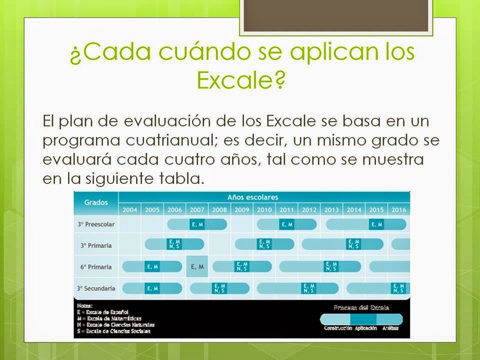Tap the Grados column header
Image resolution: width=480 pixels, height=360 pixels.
(96, 202)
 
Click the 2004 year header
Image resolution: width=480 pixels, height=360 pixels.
(129, 210)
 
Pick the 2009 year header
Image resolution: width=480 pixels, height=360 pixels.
(242, 210)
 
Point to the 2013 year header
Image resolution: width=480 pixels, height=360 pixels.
(331, 210)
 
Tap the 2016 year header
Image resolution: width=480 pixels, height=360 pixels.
(398, 210)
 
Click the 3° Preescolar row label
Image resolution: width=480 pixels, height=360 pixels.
(96, 224)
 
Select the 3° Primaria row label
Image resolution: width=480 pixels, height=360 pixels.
(96, 245)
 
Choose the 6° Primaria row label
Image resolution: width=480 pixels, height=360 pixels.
(96, 266)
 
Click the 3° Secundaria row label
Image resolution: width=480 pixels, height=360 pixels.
(96, 288)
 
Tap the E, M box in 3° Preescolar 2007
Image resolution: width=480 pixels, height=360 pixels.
(197, 224)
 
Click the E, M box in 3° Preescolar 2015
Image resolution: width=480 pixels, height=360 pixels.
(376, 224)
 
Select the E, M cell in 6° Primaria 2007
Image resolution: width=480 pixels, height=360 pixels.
(197, 266)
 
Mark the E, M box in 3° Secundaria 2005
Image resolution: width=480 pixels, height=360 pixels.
(152, 288)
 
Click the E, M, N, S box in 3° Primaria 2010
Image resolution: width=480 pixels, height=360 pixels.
(264, 244)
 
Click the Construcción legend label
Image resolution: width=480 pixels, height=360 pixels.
(337, 328)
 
